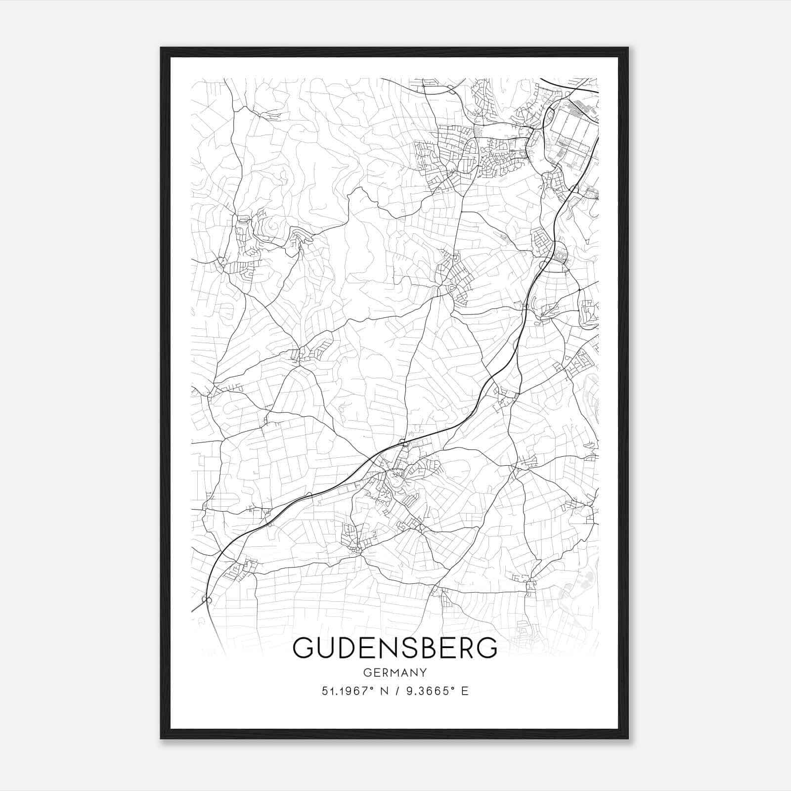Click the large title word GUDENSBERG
[x=395, y=648]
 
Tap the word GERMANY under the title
[x=395, y=672]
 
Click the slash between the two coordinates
[x=395, y=691]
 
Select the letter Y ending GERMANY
[x=423, y=672]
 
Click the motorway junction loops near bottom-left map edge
[x=207, y=600]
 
